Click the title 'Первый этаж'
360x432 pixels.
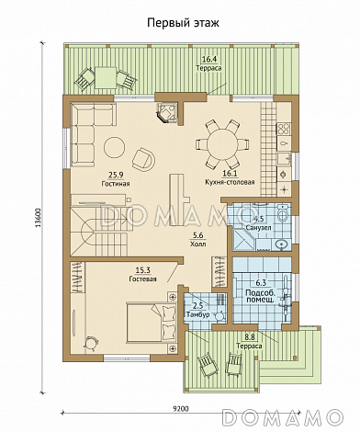coord(183,23)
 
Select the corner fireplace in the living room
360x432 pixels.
coord(166,112)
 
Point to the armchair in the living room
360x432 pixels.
coord(143,159)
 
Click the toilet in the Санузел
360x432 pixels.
coord(283,212)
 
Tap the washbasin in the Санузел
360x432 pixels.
coord(282,244)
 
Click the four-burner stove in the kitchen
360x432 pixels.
coord(284,129)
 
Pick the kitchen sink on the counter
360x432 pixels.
coord(284,158)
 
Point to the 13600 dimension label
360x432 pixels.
coord(39,218)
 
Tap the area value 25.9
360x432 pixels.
coord(116,175)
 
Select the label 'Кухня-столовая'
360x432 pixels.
coord(231,183)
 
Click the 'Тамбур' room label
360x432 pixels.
coord(197,314)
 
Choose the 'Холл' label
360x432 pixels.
coord(197,244)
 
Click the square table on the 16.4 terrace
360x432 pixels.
coord(106,78)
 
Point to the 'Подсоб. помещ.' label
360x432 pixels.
coord(260,296)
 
